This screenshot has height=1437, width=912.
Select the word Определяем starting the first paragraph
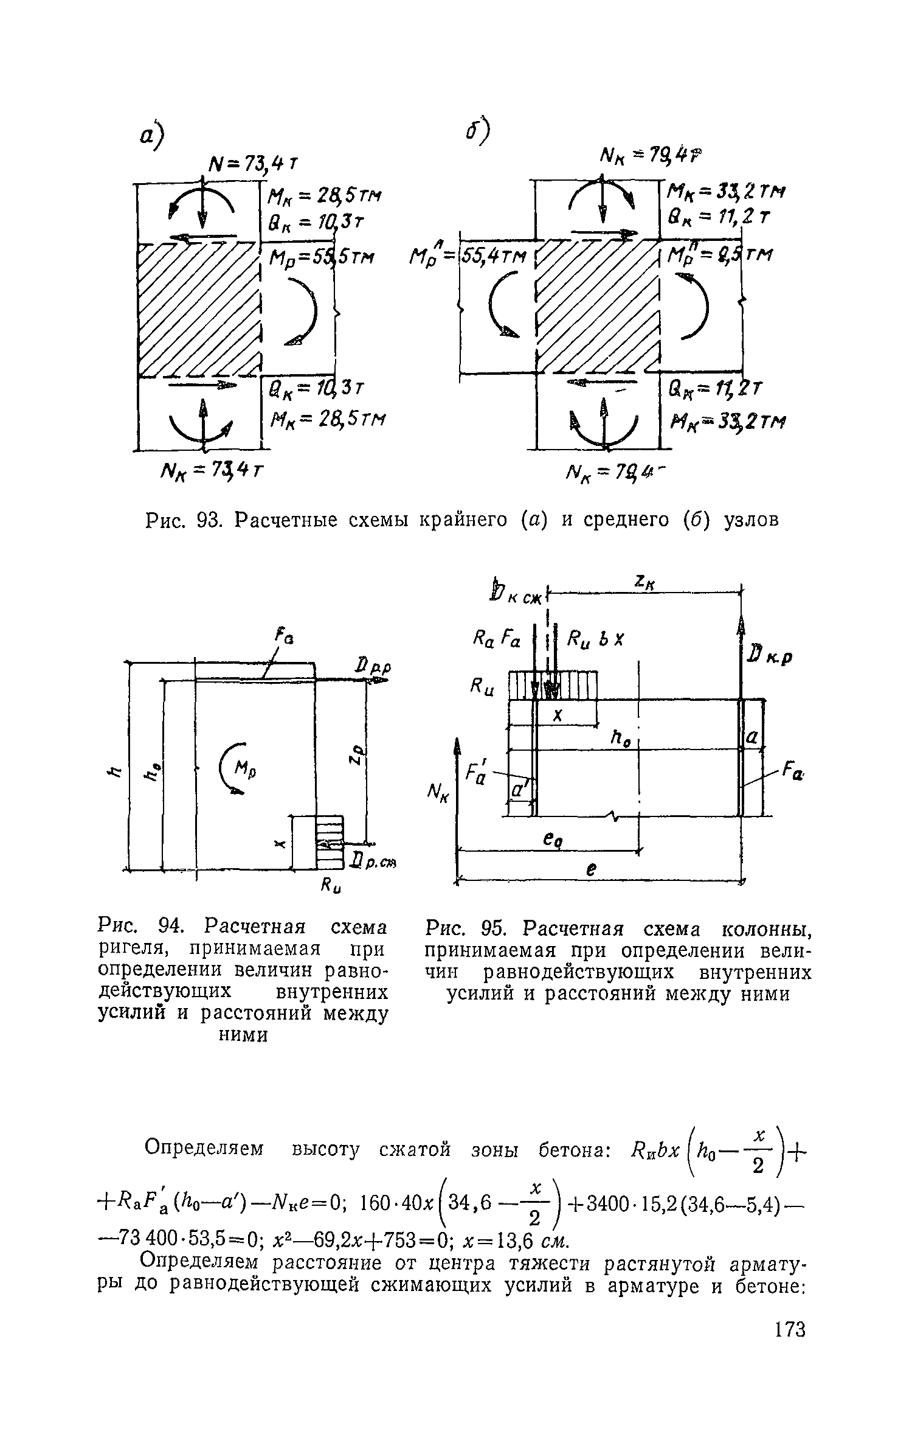pyautogui.click(x=204, y=1149)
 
